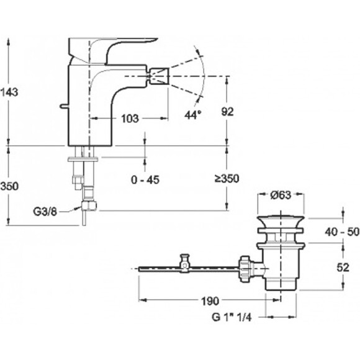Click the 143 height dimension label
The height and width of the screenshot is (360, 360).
point(9,92)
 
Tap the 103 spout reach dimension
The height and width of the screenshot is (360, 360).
point(130,119)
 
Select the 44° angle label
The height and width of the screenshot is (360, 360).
point(193,114)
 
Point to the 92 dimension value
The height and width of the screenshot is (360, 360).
point(227,112)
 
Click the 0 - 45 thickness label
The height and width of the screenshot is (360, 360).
point(145,179)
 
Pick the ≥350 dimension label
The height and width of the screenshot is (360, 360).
point(227,178)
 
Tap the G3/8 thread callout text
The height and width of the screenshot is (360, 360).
point(45,212)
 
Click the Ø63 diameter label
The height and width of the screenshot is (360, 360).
point(281,195)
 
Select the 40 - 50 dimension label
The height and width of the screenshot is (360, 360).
point(342,232)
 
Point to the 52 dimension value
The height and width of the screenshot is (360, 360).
point(343,268)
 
